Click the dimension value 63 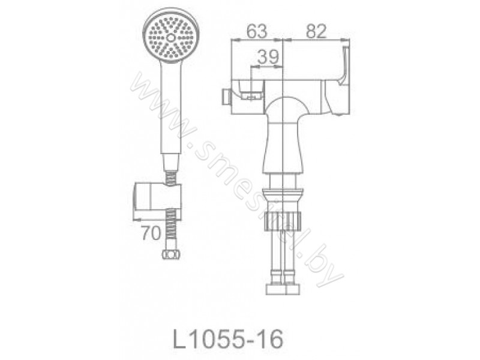point(257,31)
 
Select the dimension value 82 point(316,31)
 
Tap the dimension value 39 point(268,56)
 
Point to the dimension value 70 point(151,233)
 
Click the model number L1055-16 point(228,339)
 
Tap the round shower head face point(171,37)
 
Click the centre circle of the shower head point(171,38)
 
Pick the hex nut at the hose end point(171,254)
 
